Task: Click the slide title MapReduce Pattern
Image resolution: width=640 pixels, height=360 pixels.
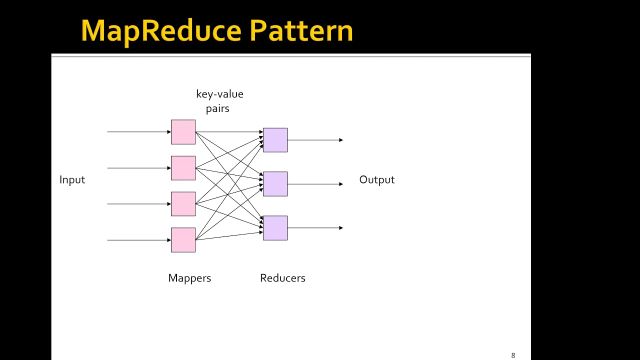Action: [x=216, y=31]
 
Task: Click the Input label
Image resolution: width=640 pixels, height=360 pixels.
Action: [x=72, y=180]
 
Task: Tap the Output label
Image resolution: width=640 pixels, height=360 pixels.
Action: [x=376, y=180]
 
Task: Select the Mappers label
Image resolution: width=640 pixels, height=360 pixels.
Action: [x=189, y=278]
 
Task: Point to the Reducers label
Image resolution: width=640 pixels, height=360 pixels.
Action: [x=282, y=278]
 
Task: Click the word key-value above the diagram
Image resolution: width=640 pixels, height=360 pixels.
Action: [x=219, y=94]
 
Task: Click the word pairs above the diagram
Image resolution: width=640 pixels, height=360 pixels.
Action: [x=217, y=108]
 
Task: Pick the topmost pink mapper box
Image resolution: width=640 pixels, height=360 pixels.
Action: [x=183, y=132]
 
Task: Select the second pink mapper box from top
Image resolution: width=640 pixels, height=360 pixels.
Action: [x=183, y=168]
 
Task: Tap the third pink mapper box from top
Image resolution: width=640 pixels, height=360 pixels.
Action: [x=183, y=204]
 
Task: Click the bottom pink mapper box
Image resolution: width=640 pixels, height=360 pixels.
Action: [x=183, y=240]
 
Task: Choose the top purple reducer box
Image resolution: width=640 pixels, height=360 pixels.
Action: [x=275, y=140]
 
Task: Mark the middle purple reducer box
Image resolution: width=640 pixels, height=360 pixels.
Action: [x=275, y=184]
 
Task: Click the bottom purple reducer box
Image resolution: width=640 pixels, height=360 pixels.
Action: [x=275, y=228]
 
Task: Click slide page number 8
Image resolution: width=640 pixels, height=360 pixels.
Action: [x=513, y=355]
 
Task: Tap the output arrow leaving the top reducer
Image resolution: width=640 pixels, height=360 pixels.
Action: [x=315, y=140]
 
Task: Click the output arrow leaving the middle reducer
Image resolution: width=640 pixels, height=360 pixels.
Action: [x=315, y=184]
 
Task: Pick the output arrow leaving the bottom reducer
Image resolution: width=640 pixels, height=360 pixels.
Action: [x=315, y=228]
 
